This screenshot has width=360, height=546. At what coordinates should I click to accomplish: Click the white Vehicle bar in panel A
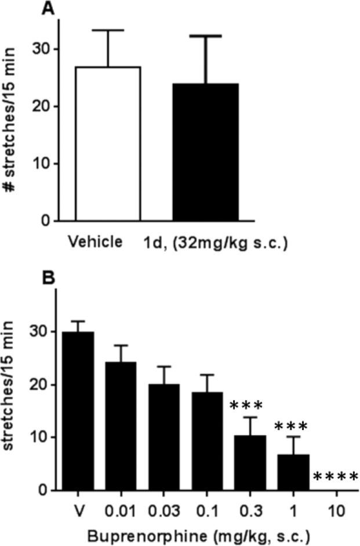[108, 144]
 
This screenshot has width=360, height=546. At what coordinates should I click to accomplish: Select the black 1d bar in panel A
[205, 152]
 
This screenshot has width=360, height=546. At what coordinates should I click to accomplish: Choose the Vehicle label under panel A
[95, 242]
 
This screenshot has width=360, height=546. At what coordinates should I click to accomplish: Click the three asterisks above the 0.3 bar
[246, 406]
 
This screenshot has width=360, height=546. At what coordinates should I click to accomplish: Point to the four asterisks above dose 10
[336, 478]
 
